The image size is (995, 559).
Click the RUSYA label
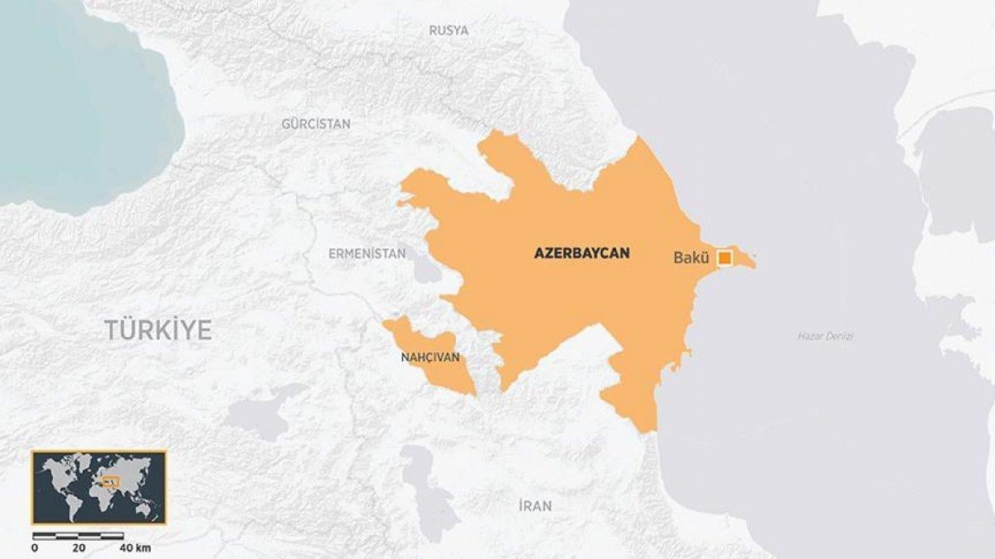[449, 31]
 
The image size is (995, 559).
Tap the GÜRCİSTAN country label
[315, 124]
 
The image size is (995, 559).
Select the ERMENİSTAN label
[367, 253]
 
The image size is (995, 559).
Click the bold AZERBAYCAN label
[581, 253]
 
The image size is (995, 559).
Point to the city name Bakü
[691, 258]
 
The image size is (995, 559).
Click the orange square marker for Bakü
[725, 258]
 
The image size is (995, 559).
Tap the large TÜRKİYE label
[158, 330]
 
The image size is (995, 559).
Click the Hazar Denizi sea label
[825, 336]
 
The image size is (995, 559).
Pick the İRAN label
[534, 506]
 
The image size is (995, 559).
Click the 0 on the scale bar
[35, 548]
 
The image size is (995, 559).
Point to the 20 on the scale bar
[80, 548]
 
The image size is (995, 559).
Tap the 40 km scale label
[134, 548]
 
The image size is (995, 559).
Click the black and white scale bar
[79, 536]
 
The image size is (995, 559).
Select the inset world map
[99, 488]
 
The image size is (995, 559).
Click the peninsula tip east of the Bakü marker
[751, 263]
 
